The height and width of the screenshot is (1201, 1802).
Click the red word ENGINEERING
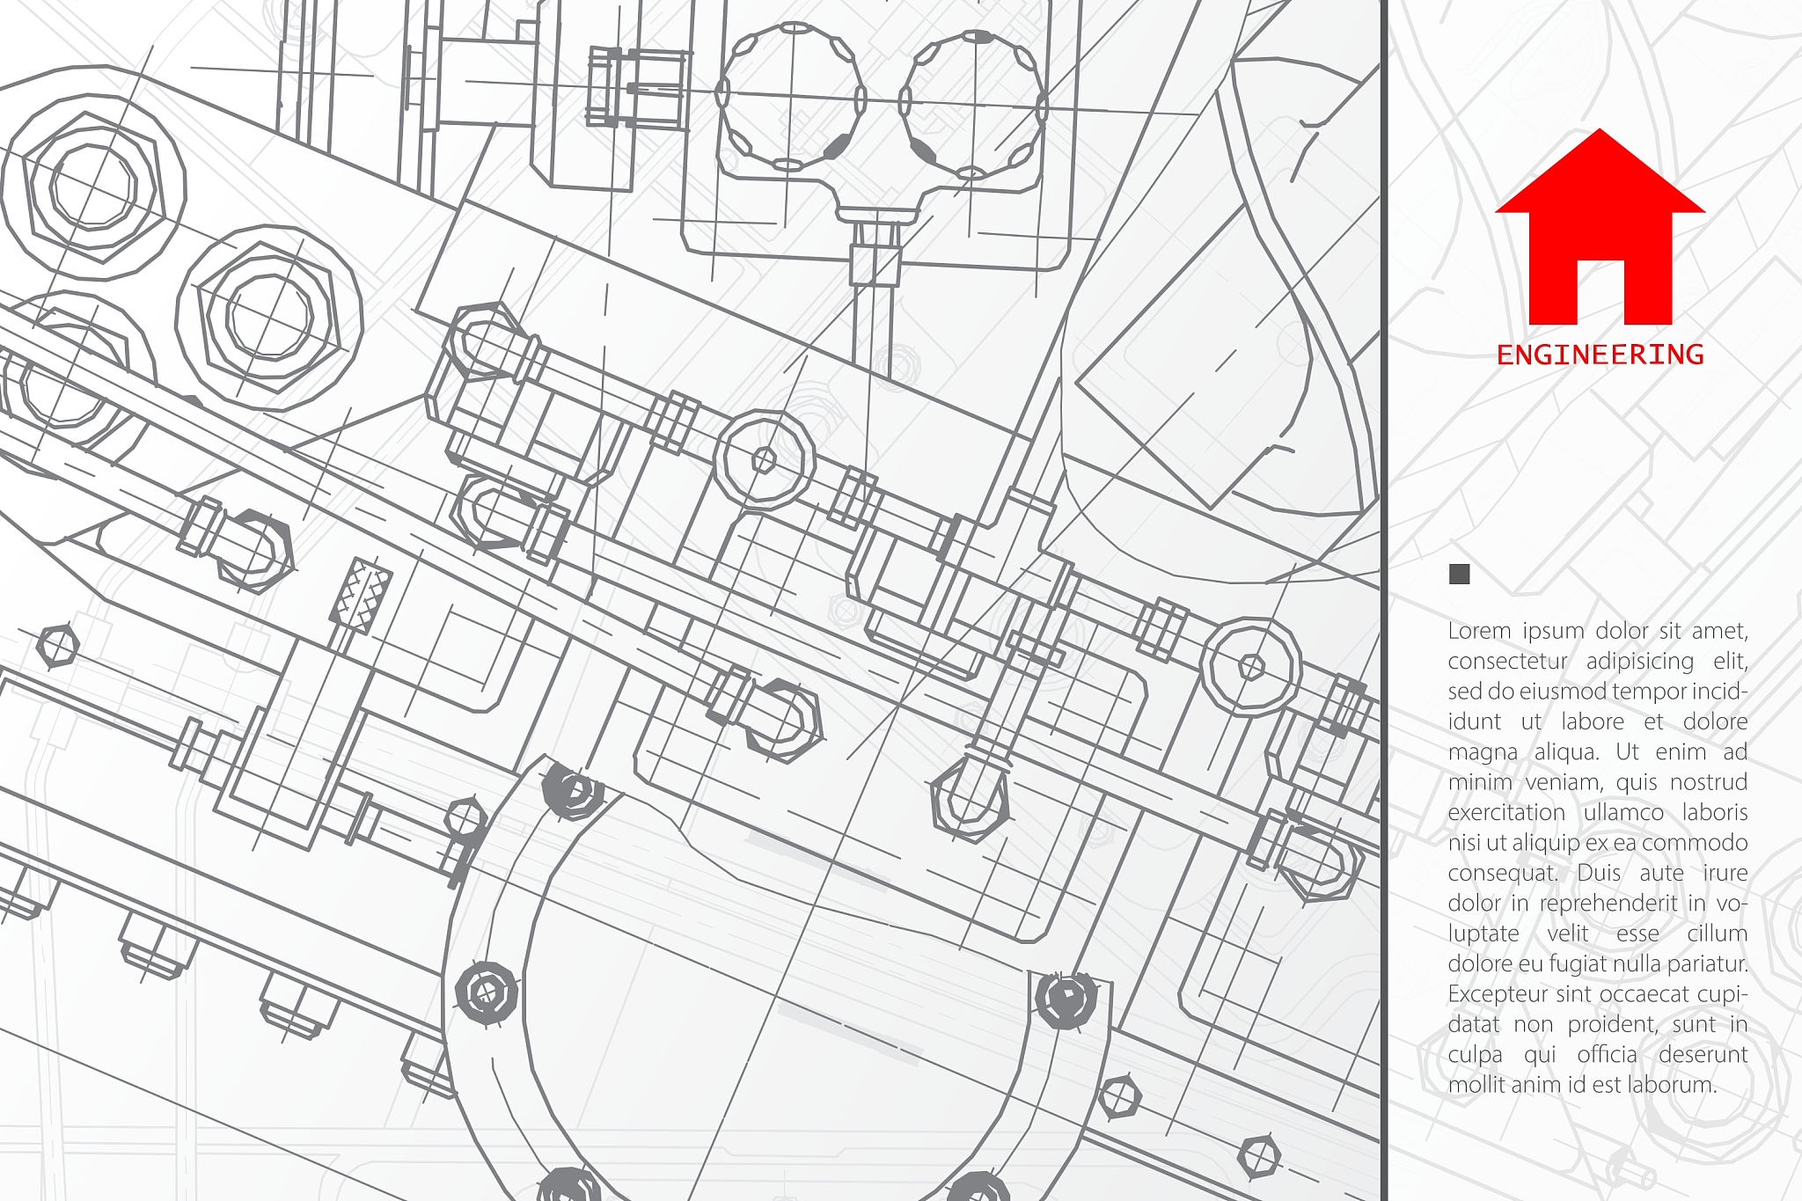1600,355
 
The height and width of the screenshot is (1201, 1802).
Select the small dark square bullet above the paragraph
1459,575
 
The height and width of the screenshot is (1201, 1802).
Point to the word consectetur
1508,661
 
